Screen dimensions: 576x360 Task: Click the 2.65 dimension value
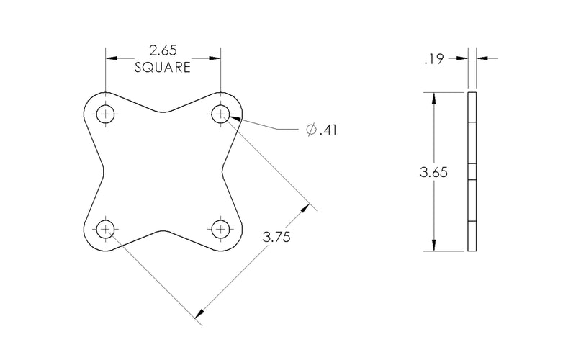point(163,50)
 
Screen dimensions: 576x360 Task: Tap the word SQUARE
point(163,68)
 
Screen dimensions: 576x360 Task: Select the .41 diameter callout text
point(328,130)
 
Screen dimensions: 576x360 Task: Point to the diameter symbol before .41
point(312,130)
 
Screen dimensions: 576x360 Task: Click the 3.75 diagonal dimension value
point(276,237)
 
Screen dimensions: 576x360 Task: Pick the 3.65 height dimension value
point(434,172)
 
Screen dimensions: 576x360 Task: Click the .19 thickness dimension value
point(434,59)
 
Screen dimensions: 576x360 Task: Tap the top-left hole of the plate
point(105,114)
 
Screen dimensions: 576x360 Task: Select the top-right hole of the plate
point(220,114)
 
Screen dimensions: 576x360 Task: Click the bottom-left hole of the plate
point(105,229)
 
